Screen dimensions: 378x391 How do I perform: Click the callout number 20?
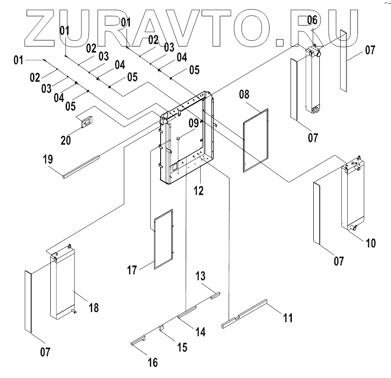point(66,139)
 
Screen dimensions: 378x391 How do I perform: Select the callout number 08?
point(245,95)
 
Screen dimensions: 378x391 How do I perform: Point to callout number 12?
point(199,190)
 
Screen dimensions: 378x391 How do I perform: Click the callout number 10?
point(371,243)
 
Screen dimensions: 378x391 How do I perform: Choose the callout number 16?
point(152,362)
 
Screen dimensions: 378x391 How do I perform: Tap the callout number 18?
point(94,307)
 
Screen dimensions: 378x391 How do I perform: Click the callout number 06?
point(312,20)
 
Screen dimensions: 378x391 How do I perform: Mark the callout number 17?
point(133,270)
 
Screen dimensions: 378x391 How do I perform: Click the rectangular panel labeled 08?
point(256,140)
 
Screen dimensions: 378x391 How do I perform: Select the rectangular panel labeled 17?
point(163,238)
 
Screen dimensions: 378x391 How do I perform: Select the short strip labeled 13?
point(214,295)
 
